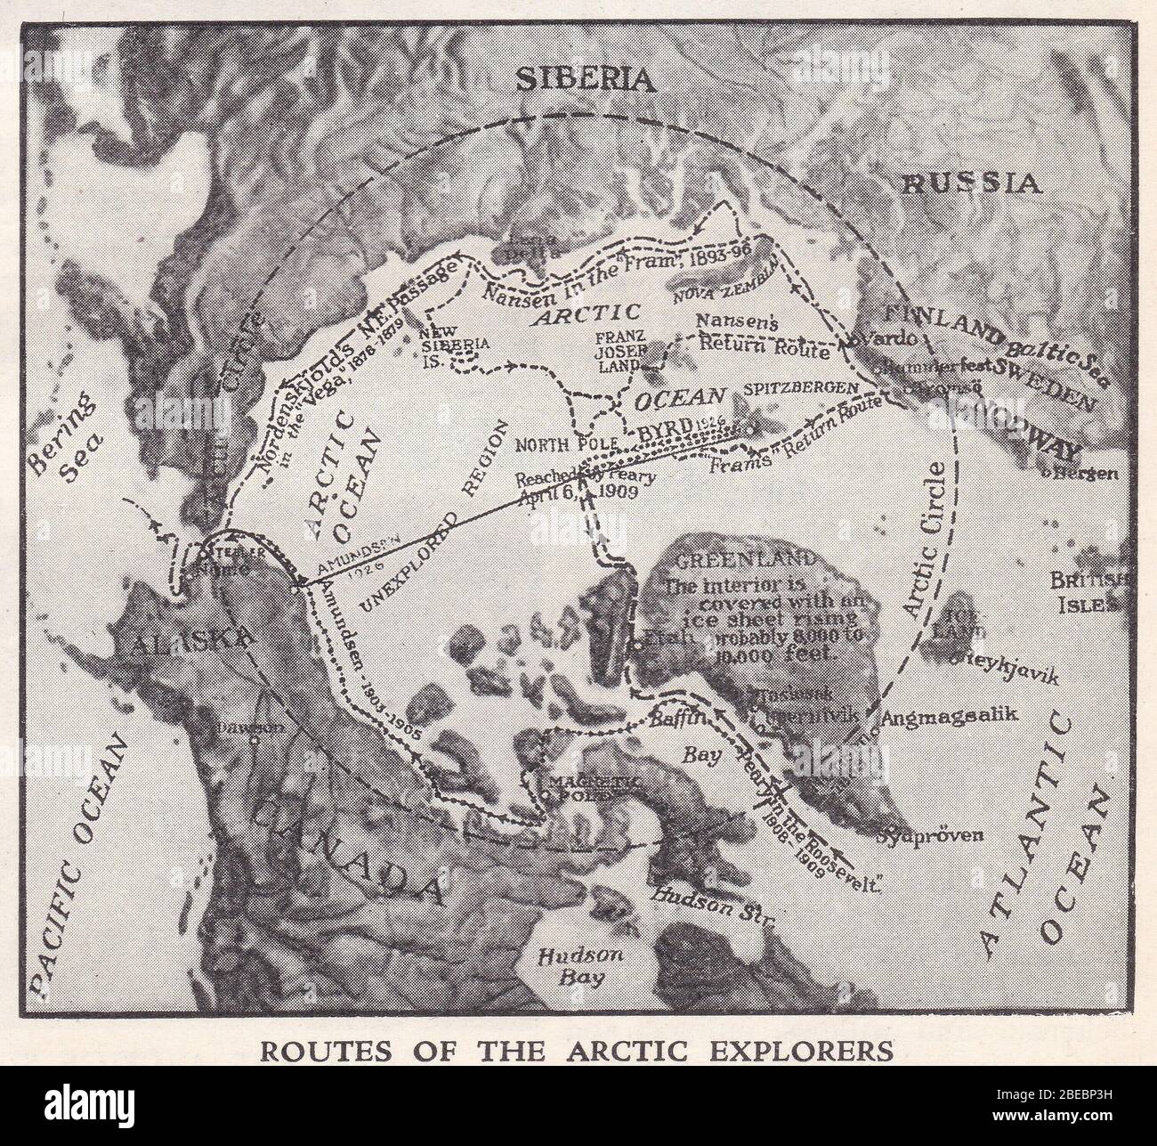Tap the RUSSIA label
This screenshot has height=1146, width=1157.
971,183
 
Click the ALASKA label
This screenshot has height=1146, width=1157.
193,639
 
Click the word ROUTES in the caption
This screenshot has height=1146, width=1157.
309,1052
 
